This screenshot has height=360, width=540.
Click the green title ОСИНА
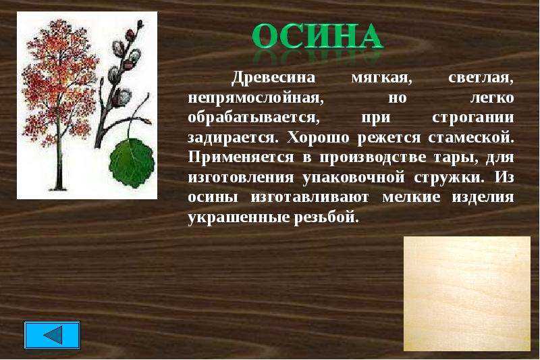(x=317, y=36)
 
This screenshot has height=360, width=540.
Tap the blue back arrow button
(x=52, y=335)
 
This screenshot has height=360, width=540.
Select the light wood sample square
(x=466, y=294)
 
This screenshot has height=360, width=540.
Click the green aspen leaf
(x=132, y=163)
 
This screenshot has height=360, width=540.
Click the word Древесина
(x=273, y=78)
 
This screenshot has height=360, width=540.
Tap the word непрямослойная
(x=256, y=98)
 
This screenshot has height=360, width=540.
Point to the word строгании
(x=473, y=118)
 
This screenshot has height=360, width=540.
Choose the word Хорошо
(x=318, y=138)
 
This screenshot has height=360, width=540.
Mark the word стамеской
(x=470, y=138)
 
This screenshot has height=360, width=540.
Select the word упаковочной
(x=354, y=178)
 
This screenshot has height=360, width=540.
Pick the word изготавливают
(x=310, y=197)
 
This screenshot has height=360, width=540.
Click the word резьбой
(x=326, y=217)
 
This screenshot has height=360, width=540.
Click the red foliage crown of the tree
(x=59, y=82)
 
